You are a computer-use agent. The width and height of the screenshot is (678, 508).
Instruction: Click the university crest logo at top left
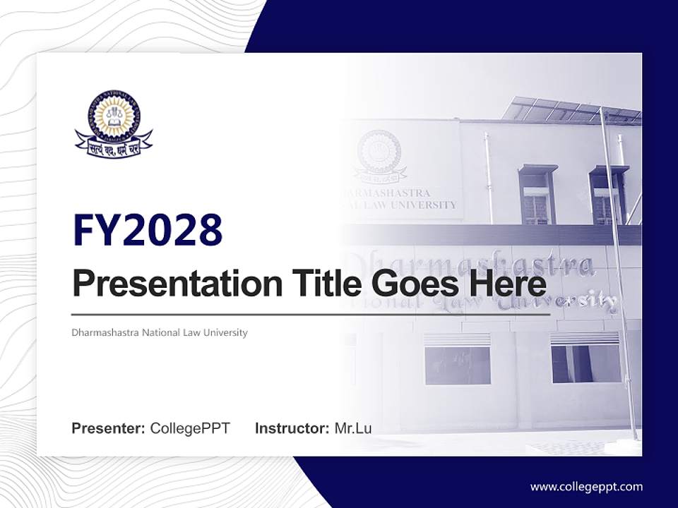[114, 123]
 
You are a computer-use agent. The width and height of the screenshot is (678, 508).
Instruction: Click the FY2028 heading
[148, 231]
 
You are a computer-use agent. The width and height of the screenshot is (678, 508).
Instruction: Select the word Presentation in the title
[171, 284]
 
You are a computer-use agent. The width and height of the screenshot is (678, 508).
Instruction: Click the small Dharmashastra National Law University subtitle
[160, 332]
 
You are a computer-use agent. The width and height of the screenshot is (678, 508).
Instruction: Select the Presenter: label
[109, 428]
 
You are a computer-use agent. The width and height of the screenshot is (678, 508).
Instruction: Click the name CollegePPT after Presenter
[190, 428]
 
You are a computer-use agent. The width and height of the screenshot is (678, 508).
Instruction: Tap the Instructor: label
[292, 428]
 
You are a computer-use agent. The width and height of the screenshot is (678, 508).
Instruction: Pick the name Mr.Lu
[353, 428]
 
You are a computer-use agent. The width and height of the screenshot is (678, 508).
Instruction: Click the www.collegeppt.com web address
[586, 486]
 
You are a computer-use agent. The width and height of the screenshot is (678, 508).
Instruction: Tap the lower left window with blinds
[457, 359]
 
